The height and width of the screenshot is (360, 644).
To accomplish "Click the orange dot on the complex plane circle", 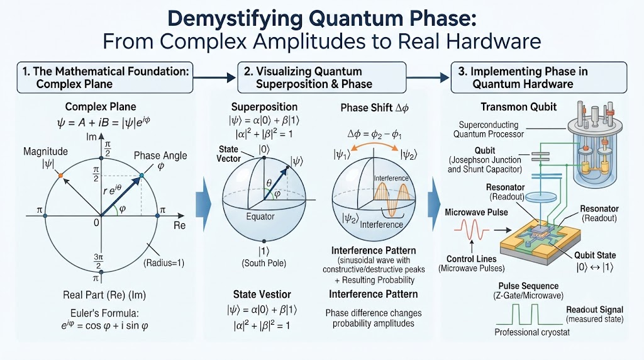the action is click(60, 176).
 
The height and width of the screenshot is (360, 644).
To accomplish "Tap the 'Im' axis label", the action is click(91, 137).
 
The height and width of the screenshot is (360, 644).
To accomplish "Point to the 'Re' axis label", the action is click(179, 225).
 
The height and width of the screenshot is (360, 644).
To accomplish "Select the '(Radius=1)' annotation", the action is click(164, 263).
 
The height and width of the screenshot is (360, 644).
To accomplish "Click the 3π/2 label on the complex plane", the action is click(98, 261).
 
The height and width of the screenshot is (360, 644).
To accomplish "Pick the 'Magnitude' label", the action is click(45, 151).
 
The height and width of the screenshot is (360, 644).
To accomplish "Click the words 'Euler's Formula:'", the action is click(104, 313).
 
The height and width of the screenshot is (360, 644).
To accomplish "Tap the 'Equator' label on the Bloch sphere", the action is click(260, 217).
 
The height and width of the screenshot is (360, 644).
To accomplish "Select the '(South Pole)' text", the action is click(264, 263).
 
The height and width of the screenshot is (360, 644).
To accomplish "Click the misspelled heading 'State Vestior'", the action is click(262, 295).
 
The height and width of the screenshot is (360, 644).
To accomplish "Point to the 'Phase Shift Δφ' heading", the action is click(375, 108).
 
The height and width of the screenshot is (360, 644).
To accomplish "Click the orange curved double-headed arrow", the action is click(374, 144).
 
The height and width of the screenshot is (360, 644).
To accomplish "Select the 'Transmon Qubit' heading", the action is click(518, 107).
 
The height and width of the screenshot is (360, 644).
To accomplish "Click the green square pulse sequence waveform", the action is click(528, 314).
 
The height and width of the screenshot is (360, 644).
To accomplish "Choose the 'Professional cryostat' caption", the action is click(532, 332).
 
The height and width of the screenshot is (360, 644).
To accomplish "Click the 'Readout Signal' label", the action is click(595, 310).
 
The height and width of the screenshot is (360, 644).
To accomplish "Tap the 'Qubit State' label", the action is click(595, 255).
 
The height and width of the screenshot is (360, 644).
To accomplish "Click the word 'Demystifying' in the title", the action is click(235, 18).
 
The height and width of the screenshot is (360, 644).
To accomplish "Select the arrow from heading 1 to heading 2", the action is click(214, 77).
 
